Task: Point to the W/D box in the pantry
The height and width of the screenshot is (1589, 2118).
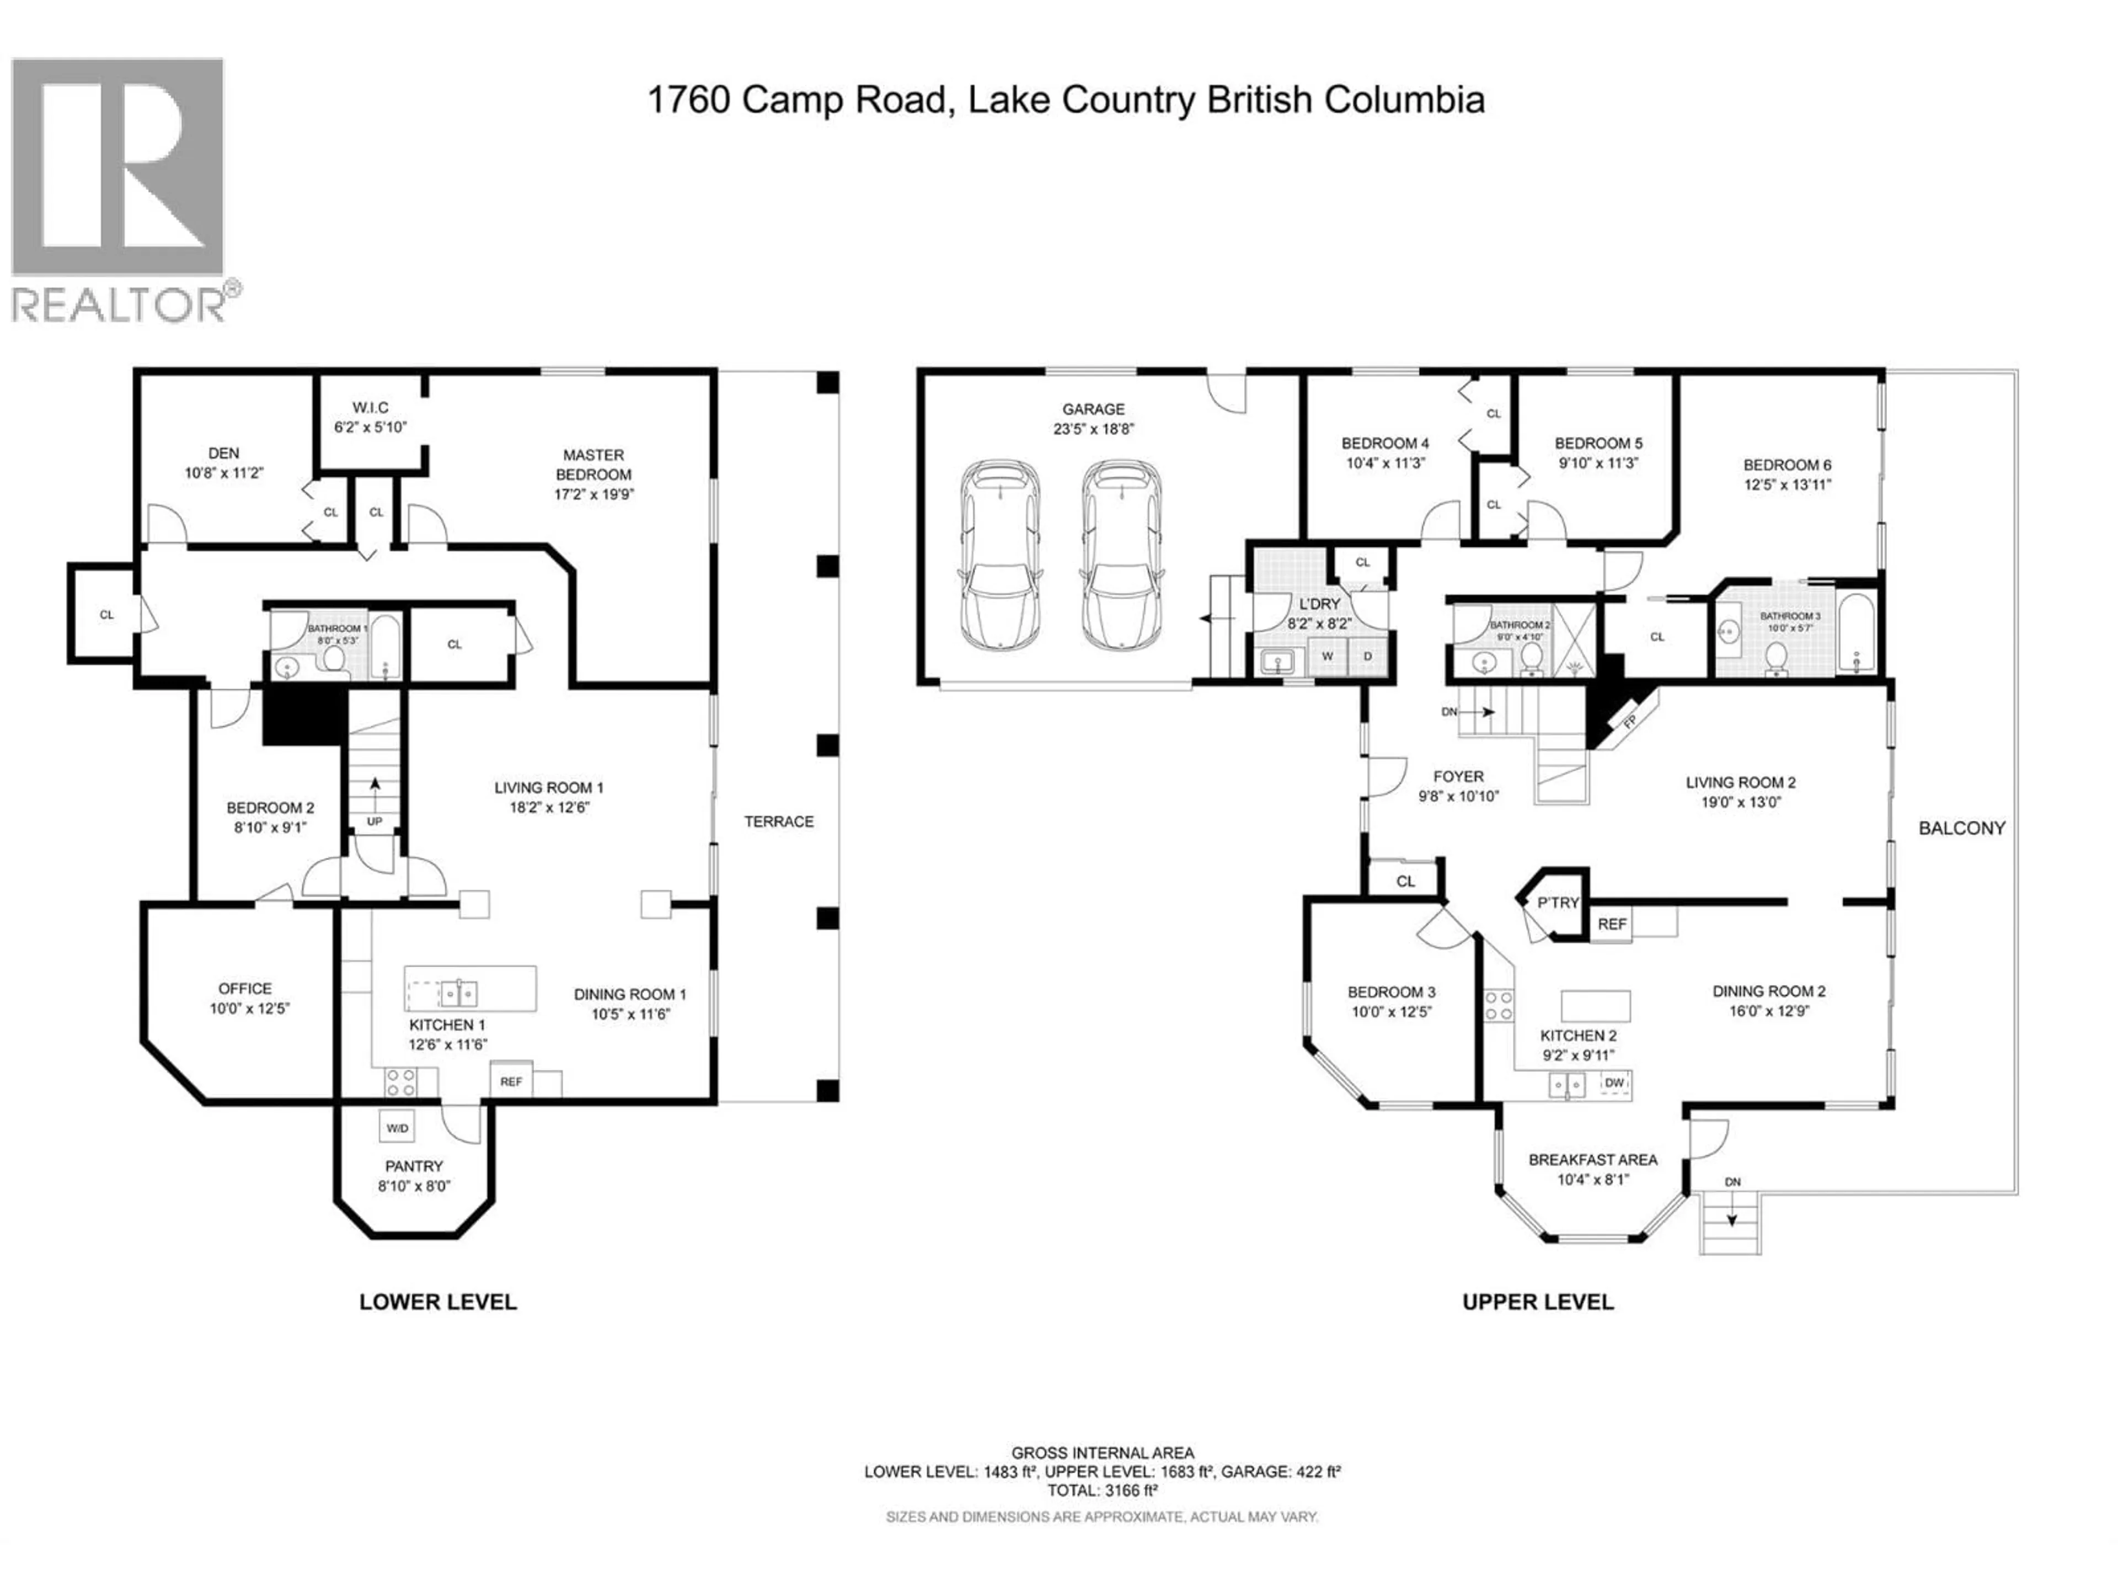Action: pos(397,1128)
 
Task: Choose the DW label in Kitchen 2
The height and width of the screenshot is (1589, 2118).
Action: pos(1614,1083)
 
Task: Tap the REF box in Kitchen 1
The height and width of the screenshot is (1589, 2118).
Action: pos(511,1081)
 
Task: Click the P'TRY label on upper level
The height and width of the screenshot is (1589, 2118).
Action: pos(1558,902)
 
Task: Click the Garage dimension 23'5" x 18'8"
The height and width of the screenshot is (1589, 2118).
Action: pos(1093,429)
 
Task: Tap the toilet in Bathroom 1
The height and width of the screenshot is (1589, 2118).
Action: pos(334,658)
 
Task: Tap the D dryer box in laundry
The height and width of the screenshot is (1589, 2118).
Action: pos(1367,656)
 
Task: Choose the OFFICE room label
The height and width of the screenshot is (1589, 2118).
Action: pos(245,989)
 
